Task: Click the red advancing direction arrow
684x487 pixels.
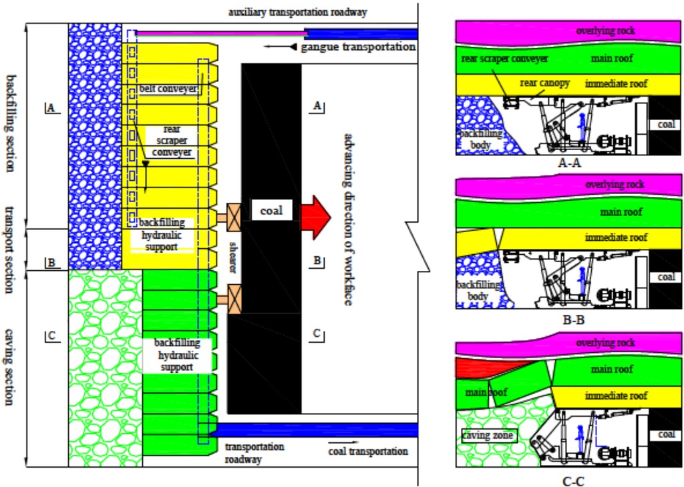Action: tap(316, 212)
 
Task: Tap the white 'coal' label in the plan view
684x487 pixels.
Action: tap(271, 211)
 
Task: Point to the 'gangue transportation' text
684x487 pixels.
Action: tap(357, 47)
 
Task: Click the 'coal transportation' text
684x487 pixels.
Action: tap(368, 452)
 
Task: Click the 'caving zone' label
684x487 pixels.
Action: tap(487, 436)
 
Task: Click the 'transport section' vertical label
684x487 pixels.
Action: tap(10, 249)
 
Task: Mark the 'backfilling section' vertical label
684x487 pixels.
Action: tap(10, 123)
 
